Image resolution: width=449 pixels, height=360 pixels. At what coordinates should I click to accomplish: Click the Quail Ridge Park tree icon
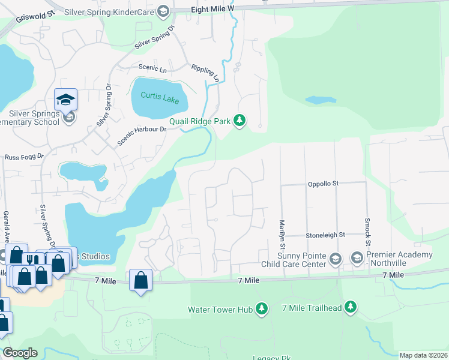click(x=240, y=121)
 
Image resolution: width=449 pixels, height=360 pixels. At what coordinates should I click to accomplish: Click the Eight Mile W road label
click(x=212, y=9)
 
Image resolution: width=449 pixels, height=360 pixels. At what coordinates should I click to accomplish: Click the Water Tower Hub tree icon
click(x=261, y=308)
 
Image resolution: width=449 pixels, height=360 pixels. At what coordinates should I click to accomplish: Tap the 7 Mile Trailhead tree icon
click(x=350, y=308)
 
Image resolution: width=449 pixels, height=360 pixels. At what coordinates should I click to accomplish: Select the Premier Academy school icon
click(x=357, y=259)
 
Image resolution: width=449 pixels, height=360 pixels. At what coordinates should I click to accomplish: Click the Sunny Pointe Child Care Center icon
click(x=335, y=259)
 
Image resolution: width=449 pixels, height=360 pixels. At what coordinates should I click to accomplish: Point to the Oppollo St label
click(x=324, y=184)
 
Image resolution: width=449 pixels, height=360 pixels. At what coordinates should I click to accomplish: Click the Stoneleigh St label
click(x=325, y=235)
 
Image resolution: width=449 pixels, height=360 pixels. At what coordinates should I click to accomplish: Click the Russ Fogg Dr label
click(x=25, y=157)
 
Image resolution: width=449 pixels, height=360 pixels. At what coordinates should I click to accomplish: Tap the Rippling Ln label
click(x=205, y=73)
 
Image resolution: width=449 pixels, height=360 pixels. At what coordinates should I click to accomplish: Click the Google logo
click(x=20, y=353)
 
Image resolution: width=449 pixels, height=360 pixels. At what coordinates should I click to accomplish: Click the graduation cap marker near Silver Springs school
click(x=65, y=99)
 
